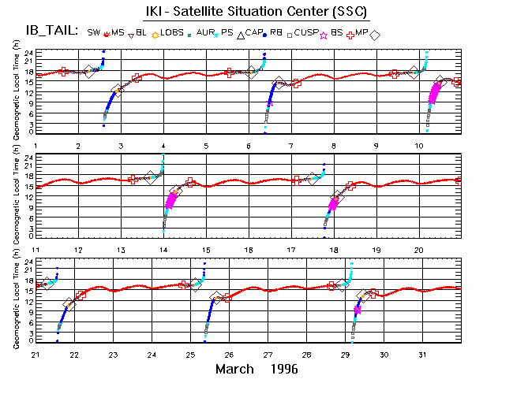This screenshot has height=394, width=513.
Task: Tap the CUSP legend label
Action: (x=305, y=32)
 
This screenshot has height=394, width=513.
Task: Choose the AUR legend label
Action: (x=208, y=32)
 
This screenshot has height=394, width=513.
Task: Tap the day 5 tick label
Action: (x=206, y=146)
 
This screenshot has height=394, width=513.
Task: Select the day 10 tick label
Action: (x=420, y=146)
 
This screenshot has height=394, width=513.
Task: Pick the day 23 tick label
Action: (x=114, y=354)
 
